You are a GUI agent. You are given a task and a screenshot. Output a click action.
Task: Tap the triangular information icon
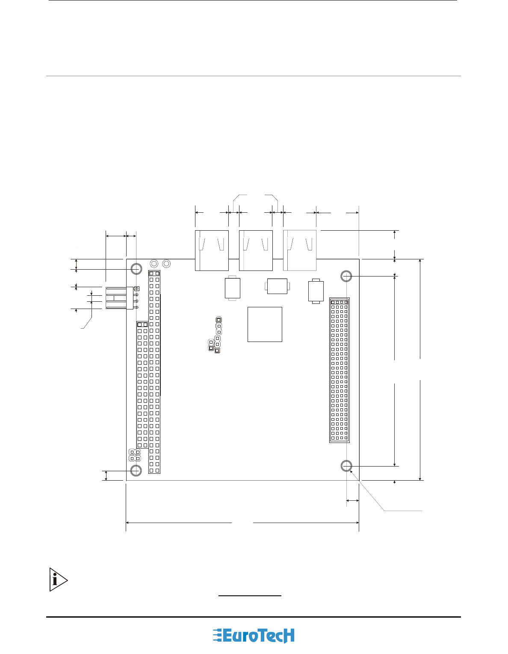[x=58, y=580]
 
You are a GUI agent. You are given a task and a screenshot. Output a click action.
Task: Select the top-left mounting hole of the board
[x=136, y=268]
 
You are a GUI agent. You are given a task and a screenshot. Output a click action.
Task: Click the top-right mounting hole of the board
[x=346, y=276]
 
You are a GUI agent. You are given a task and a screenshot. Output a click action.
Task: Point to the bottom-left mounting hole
[x=136, y=470]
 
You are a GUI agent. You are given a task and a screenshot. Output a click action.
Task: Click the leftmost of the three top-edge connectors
[x=212, y=250]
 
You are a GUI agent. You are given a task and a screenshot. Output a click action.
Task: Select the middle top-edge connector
[x=256, y=250]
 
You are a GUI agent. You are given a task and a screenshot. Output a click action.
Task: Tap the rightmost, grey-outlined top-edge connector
[x=300, y=250]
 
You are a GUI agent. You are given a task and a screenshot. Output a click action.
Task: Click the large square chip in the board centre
[x=265, y=324]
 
